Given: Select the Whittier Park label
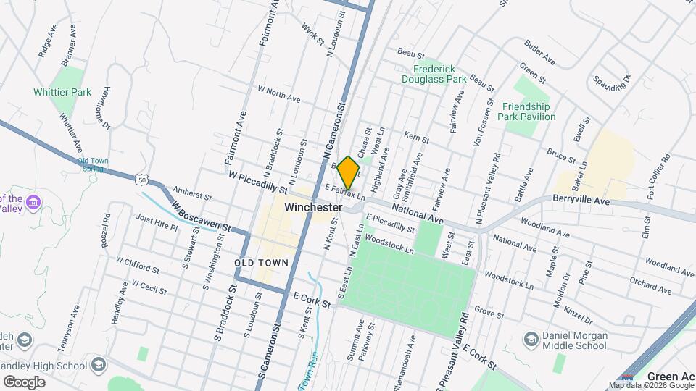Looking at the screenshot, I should point(62,92).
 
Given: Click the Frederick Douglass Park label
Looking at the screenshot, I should point(434,74).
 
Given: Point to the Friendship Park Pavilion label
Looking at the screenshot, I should point(529,112).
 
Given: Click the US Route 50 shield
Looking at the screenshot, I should point(140,178).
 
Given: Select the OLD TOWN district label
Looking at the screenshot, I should point(262,262).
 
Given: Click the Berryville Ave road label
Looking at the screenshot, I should point(581,198).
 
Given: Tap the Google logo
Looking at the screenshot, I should point(23,382).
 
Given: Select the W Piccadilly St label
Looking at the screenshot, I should point(257,182).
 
